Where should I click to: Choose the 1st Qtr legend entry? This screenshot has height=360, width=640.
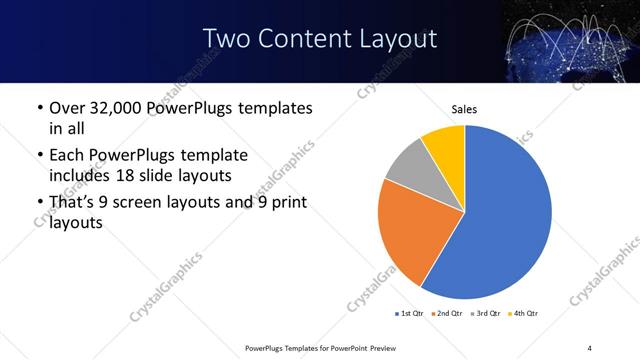(409, 314)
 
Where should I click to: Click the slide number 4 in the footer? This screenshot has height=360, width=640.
(590, 347)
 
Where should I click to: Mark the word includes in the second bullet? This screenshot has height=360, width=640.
(86, 175)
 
